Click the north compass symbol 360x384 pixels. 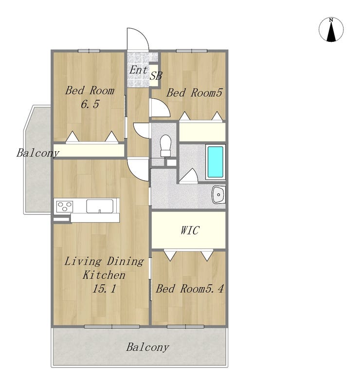[x=331, y=29]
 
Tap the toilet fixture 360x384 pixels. [x=165, y=145]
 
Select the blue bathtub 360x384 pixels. [x=215, y=162]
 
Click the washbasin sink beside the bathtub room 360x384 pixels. [x=218, y=194]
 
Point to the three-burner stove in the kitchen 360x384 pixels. [x=64, y=206]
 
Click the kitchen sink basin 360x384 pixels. [x=100, y=207]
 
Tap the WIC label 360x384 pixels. [x=190, y=230]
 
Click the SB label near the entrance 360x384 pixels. [x=156, y=76]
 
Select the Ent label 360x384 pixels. [x=139, y=70]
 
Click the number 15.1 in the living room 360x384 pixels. [x=104, y=289]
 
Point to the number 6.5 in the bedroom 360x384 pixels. [x=90, y=105]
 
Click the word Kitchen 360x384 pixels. [x=104, y=275]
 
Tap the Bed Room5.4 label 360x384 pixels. [x=190, y=289]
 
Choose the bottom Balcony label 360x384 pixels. [x=147, y=347]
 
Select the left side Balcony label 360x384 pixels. [x=38, y=153]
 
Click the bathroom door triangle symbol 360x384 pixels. [x=189, y=175]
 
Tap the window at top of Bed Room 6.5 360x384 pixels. [x=89, y=51]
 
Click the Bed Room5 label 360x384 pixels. [x=194, y=93]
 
